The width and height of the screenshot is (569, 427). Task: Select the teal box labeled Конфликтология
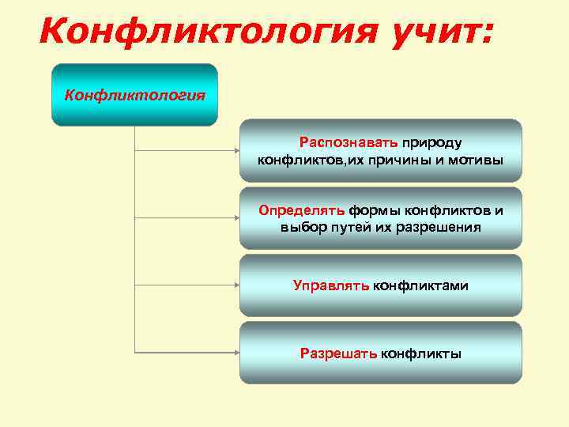point(134,95)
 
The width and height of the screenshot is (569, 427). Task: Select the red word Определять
point(301,210)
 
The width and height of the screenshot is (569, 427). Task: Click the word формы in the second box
point(375,210)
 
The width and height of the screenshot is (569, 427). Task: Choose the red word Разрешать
point(338,353)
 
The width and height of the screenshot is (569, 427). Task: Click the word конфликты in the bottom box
point(421,353)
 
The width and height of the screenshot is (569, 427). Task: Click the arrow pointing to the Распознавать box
point(190,150)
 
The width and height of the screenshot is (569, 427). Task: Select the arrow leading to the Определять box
point(190,217)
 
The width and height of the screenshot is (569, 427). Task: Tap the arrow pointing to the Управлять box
point(190,285)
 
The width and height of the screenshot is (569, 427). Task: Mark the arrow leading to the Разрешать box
point(190,352)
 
